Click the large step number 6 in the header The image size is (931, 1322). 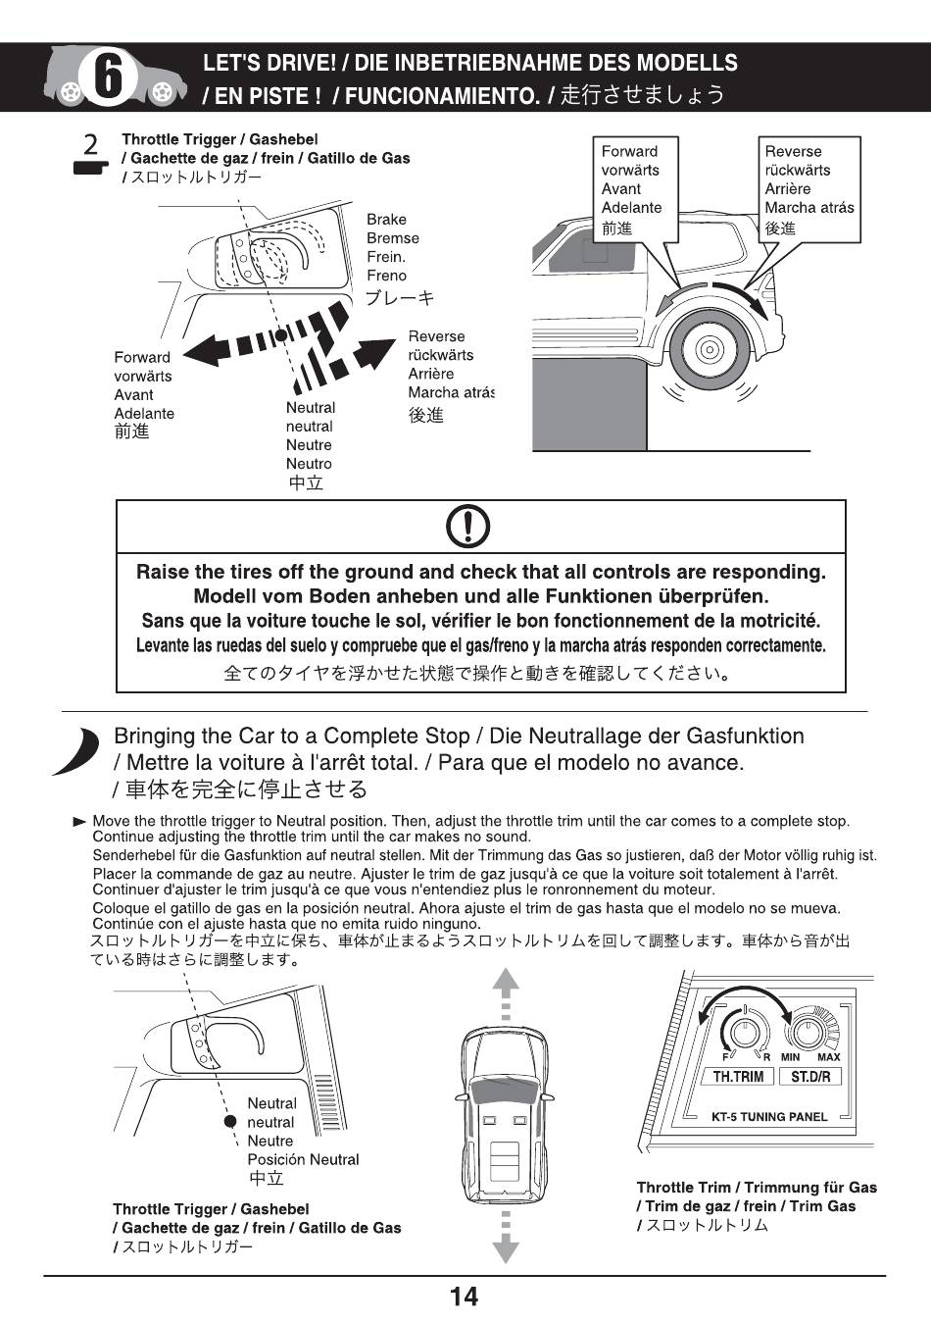tap(107, 77)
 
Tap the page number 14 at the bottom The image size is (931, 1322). tap(464, 1297)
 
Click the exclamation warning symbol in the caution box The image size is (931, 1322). tap(468, 528)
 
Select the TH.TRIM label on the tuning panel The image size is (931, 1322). tap(738, 1076)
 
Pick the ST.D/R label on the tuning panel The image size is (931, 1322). tap(810, 1076)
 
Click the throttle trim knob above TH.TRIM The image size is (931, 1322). tap(744, 1031)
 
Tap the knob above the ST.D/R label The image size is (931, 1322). tap(808, 1031)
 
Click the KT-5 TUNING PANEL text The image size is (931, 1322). tap(769, 1116)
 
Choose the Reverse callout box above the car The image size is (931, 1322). tap(808, 189)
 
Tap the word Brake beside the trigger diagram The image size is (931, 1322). tap(386, 220)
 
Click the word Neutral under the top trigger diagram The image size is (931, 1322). tap(310, 408)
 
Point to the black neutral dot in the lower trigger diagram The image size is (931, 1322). tap(230, 1121)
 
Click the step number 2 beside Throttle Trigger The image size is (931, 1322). tap(90, 146)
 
